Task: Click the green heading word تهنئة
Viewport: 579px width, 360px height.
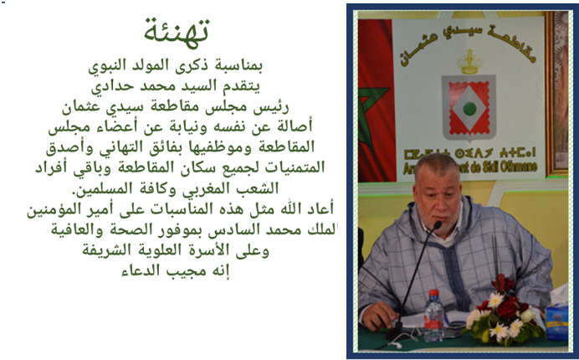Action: [x=177, y=33]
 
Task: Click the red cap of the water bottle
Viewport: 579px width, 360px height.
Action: [x=434, y=293]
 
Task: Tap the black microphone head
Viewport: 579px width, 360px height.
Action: [x=438, y=225]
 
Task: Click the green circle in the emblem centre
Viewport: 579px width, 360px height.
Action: [x=469, y=109]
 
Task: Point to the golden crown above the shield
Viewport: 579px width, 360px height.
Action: [x=469, y=62]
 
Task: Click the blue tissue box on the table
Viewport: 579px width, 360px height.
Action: [x=557, y=321]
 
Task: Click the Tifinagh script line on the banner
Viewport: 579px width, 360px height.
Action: [x=469, y=153]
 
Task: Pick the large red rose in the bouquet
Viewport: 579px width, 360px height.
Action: [x=505, y=309]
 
